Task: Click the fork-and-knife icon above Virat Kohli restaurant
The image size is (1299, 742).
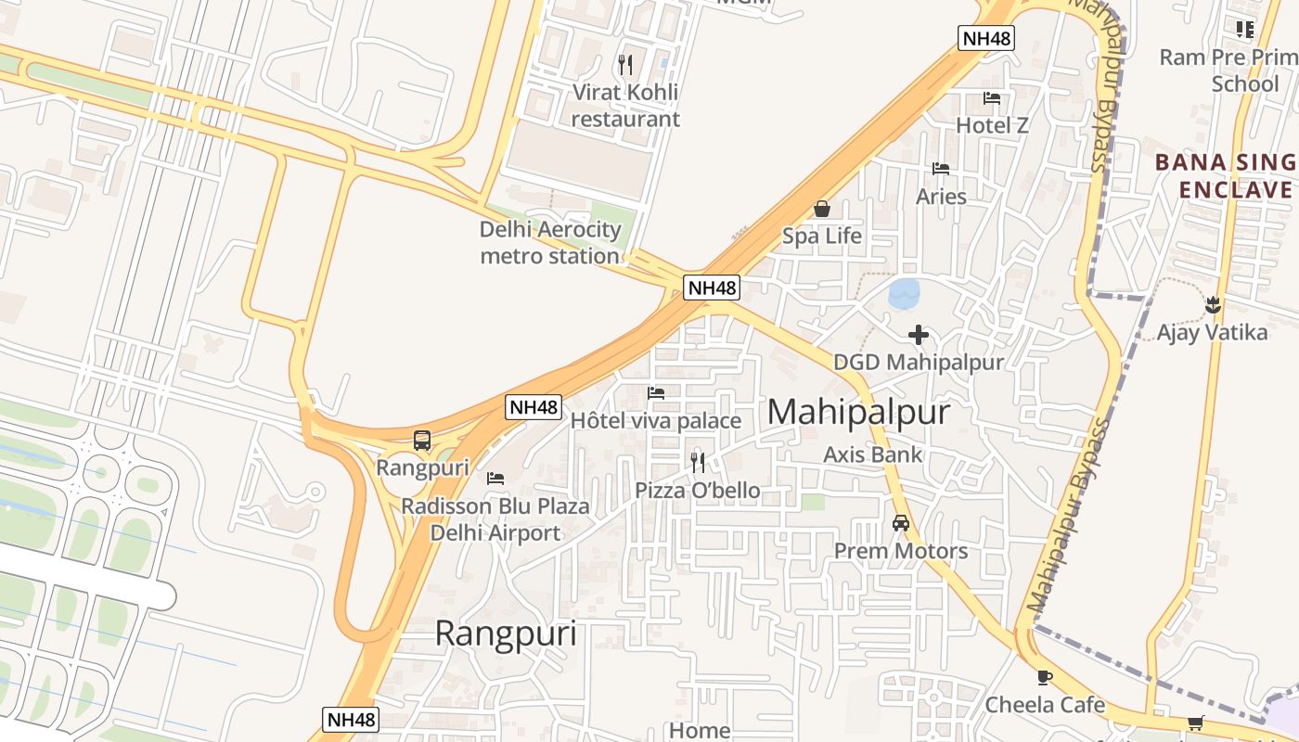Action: pos(625,64)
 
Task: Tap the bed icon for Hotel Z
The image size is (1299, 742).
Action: pos(992,97)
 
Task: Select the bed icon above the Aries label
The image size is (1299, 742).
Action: pos(941,169)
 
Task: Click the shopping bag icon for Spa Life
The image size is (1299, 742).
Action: pos(821,209)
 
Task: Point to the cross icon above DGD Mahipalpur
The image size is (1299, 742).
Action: pos(919,335)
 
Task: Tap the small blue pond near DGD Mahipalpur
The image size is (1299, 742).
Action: pos(904,294)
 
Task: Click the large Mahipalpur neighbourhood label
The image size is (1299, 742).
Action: pos(858,412)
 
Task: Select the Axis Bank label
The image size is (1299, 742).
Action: pos(873,454)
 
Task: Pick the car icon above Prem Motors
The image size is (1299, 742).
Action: pos(900,523)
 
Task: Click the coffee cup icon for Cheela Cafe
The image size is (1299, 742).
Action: pos(1045,677)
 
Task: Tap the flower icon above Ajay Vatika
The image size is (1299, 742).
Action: pos(1212,304)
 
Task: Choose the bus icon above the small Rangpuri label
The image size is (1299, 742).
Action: pos(422,441)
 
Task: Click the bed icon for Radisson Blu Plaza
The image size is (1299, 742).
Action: pos(495,479)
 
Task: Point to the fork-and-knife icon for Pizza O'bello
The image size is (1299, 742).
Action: pos(698,462)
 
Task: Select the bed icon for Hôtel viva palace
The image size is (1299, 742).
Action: pos(656,393)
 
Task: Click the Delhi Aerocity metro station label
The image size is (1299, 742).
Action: pos(549,243)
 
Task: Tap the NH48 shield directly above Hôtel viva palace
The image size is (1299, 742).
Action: pos(534,406)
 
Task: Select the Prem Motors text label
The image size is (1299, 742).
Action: pos(900,551)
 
